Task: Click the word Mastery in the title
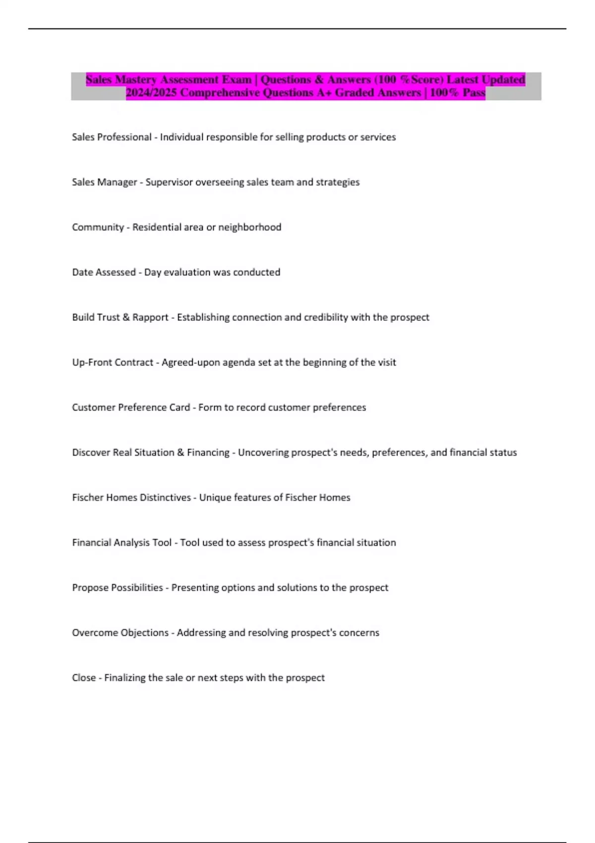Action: pos(135,80)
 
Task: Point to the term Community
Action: pos(98,227)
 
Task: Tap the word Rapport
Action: pos(150,317)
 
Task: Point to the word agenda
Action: pos(238,362)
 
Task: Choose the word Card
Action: pos(179,408)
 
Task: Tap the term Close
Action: pos(84,678)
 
